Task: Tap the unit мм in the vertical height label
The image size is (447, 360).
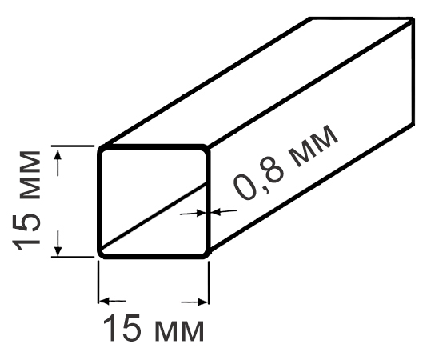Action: pyautogui.click(x=30, y=175)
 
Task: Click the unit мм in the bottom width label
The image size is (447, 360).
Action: pyautogui.click(x=180, y=331)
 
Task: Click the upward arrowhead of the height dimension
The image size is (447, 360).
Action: pyautogui.click(x=58, y=154)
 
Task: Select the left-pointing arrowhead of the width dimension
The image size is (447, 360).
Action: pyautogui.click(x=104, y=301)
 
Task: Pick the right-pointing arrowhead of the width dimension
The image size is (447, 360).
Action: pyautogui.click(x=202, y=302)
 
